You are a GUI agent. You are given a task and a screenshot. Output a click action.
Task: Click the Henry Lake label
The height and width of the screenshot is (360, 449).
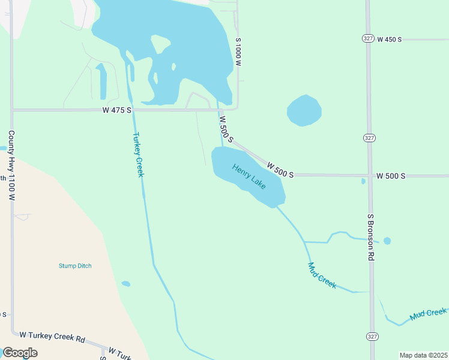point(249,177)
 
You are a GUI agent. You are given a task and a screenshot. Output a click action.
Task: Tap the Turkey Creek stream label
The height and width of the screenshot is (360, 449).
point(138,154)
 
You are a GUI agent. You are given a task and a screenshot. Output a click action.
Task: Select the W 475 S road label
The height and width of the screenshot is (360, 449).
point(116,110)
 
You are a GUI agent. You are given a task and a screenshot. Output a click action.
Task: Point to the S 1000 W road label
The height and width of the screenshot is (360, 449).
point(238,56)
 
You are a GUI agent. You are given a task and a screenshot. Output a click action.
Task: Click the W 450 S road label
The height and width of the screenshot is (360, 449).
point(389,39)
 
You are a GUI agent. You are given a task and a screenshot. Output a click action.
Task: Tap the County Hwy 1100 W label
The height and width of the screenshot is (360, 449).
point(11,165)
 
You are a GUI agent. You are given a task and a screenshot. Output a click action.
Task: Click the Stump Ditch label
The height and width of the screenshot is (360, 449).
point(75,266)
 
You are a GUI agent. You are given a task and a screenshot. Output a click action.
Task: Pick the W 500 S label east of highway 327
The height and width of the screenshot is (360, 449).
point(391,176)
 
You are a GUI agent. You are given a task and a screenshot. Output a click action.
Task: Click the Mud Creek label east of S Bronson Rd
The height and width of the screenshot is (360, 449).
point(428,313)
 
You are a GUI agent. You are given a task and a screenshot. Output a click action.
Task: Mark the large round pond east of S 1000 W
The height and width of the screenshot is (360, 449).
point(304,110)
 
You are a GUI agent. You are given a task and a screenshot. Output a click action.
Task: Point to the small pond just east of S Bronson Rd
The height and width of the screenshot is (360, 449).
point(387,241)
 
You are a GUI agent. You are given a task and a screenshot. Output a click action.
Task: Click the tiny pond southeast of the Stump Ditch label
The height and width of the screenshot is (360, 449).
point(125,283)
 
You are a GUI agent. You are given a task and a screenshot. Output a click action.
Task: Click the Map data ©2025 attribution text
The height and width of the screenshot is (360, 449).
point(423,355)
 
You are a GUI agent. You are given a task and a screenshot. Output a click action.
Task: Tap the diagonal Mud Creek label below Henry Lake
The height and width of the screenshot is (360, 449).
point(322,275)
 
